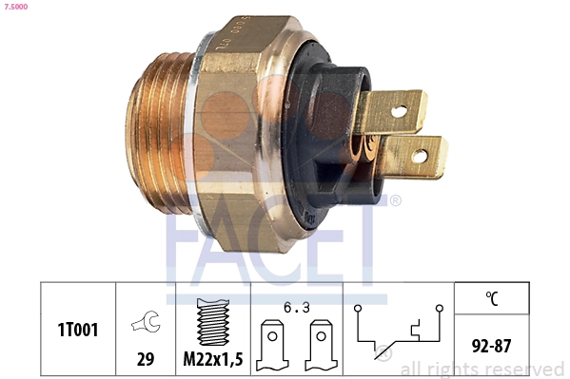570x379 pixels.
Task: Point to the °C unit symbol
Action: (x=492, y=298)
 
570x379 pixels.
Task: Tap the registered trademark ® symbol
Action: (x=396, y=200)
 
